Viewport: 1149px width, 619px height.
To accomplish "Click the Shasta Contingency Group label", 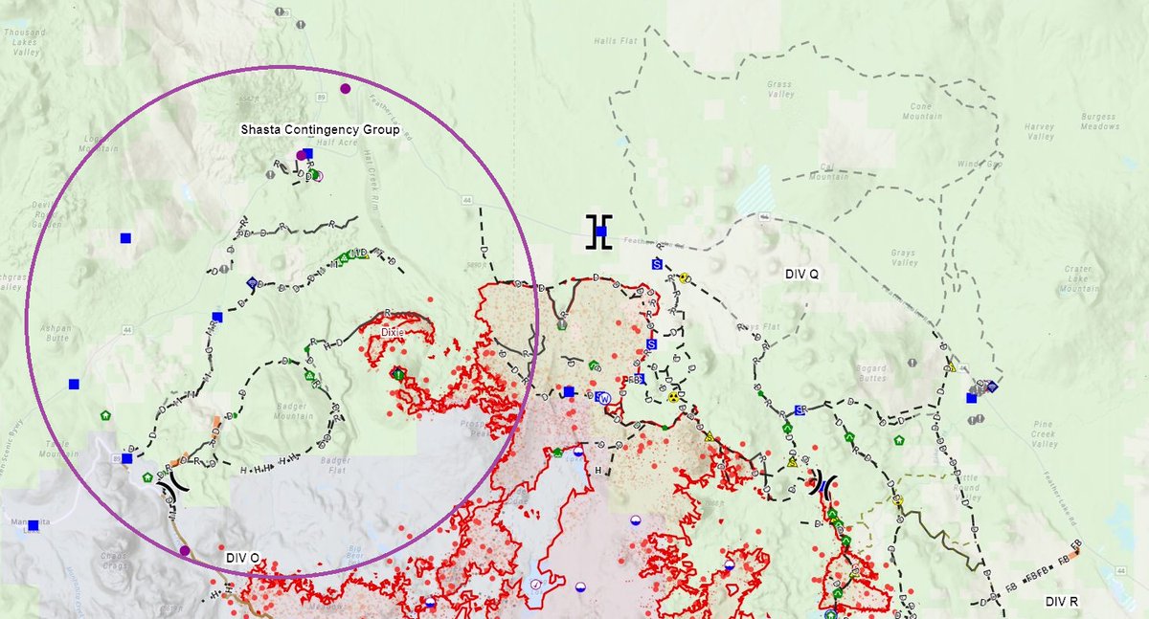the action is click(x=320, y=128).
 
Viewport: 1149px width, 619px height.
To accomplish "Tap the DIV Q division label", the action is click(x=802, y=274).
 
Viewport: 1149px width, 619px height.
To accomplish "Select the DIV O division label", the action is click(x=243, y=558).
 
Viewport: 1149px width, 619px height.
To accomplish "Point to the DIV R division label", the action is click(x=1062, y=601).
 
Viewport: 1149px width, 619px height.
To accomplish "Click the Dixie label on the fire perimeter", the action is click(x=393, y=332).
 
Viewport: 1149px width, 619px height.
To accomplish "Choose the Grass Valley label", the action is click(x=780, y=89).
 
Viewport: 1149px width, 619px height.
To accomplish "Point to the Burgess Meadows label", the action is click(x=1098, y=122).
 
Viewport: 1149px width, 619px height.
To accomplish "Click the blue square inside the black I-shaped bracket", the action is click(x=600, y=232).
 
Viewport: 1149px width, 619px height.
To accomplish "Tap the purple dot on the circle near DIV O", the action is click(x=185, y=550).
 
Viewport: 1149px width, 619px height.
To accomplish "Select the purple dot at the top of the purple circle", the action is click(x=346, y=89).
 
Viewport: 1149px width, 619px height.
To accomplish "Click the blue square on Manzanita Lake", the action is click(x=34, y=525).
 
